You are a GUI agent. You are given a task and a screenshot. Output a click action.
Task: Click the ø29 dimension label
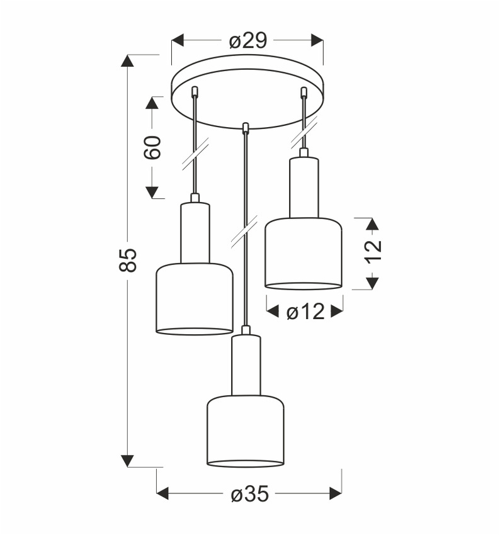247,41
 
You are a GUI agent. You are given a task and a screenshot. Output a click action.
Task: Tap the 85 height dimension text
128,260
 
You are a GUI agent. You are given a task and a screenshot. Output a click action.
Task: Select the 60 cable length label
152,147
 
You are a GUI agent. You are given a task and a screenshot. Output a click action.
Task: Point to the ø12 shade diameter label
305,311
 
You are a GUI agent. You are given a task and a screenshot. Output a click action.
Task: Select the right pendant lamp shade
303,252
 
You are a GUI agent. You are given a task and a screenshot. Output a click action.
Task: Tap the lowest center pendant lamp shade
245,431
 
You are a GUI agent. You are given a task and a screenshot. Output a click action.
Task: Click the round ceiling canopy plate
247,91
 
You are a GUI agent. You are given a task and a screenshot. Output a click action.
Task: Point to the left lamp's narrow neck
195,232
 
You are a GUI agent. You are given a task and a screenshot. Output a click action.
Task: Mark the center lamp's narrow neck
246,365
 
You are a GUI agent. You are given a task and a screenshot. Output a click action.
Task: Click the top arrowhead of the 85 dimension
128,61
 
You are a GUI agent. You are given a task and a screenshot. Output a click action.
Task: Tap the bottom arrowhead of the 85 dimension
128,461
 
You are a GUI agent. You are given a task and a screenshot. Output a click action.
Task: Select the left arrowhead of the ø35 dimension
162,493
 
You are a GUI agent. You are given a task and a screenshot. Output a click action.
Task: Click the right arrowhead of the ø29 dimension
317,41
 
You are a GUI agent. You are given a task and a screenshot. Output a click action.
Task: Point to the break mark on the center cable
244,231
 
